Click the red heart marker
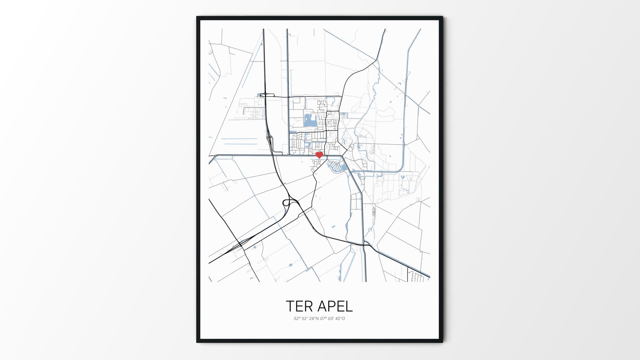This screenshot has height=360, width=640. pos(319,155)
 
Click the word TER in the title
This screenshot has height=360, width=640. pos(299,306)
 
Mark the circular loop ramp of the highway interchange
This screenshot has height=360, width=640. pos(286,203)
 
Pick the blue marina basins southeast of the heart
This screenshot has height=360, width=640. pos(335,166)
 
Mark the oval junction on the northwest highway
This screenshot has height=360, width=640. pos(264,95)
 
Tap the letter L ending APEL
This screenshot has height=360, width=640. pos(349,306)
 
